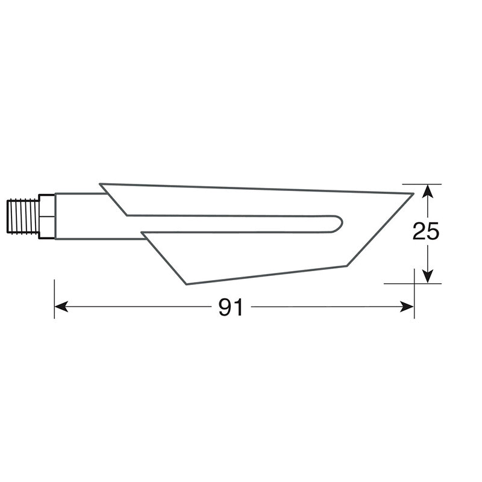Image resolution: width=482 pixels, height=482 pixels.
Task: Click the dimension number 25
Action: [426, 232]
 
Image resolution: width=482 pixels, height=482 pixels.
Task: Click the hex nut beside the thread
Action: [46, 216]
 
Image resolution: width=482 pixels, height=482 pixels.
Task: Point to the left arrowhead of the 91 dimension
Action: [60, 307]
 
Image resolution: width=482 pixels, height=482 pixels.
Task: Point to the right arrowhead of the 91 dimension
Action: [409, 307]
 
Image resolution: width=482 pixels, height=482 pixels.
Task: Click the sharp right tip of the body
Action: [413, 194]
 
